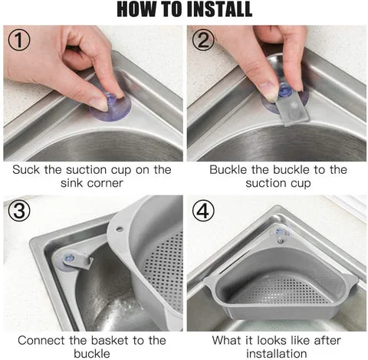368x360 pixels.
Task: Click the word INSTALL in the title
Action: click(x=219, y=9)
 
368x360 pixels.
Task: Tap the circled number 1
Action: click(x=19, y=40)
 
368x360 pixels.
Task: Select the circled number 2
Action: click(x=203, y=40)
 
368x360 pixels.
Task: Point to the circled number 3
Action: click(x=19, y=211)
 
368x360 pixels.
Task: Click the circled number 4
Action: click(x=203, y=211)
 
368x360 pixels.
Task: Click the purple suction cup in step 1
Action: click(x=110, y=106)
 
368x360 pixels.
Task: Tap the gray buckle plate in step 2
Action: click(x=294, y=108)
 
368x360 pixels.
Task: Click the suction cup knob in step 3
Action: click(x=68, y=258)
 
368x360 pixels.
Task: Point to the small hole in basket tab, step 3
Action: click(x=119, y=228)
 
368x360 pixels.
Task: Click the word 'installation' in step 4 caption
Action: click(x=277, y=354)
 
